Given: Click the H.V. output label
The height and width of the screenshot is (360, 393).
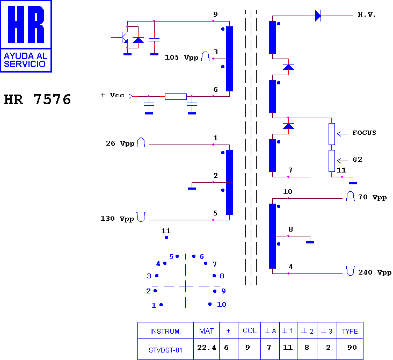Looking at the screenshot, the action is point(367,15).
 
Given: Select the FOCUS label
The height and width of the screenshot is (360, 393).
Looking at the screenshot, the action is point(364,133).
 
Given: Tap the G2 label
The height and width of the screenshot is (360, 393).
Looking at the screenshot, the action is point(357,160).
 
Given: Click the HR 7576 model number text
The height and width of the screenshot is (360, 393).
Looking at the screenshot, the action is point(38,99).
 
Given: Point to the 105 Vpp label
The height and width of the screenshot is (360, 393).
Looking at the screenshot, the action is point(181,57).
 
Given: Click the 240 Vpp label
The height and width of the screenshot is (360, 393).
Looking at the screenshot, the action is point(375,272).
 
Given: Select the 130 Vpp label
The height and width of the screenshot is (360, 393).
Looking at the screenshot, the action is point(117,219).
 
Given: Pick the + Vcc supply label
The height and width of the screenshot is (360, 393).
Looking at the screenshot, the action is point(113,95).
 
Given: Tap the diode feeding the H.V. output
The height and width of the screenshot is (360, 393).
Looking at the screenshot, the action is point(318,16).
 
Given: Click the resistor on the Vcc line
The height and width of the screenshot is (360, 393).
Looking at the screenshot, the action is point(176,97).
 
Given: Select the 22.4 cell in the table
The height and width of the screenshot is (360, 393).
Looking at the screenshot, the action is point(207,348).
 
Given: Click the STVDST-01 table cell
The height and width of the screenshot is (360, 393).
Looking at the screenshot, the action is point(165,350).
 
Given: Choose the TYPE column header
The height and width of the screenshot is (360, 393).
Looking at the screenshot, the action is point(350,331).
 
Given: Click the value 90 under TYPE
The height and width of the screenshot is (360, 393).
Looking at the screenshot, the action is point(352,348).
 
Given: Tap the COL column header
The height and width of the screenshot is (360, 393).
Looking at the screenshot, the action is point(250,330).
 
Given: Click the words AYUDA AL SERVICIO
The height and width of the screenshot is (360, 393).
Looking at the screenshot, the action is point(26,60).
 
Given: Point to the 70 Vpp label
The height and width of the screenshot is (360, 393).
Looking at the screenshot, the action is point(372,197).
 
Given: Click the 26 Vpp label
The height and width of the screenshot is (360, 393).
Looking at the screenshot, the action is point(120,143).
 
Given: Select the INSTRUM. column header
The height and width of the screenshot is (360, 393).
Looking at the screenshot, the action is point(165,332).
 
